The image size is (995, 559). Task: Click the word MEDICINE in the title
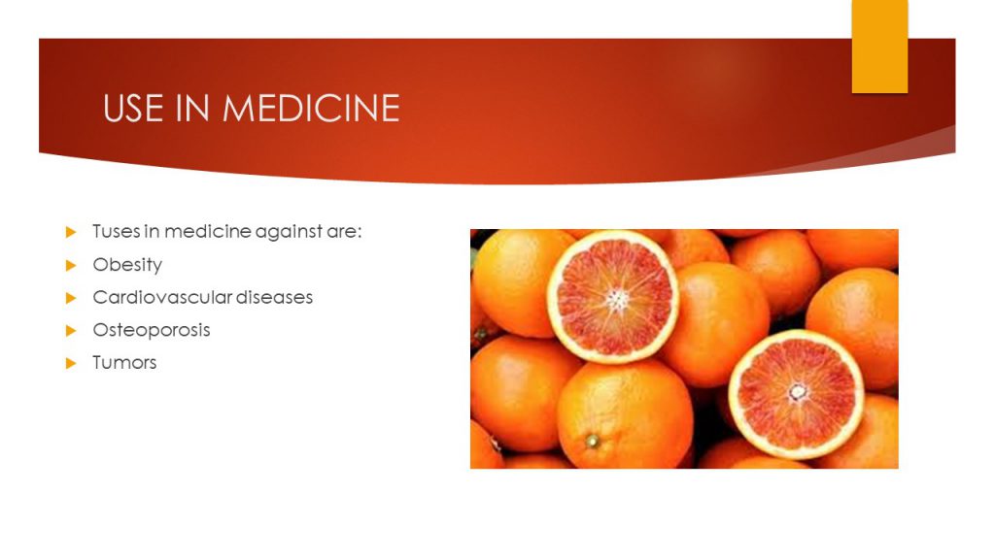pyautogui.click(x=311, y=108)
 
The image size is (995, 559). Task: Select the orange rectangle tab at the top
pyautogui.click(x=879, y=47)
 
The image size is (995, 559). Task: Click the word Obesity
pyautogui.click(x=127, y=265)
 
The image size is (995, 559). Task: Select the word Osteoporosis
pyautogui.click(x=152, y=330)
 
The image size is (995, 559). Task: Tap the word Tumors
pyautogui.click(x=124, y=363)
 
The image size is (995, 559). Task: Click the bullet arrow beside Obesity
pyautogui.click(x=70, y=265)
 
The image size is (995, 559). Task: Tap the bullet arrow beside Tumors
pyautogui.click(x=70, y=363)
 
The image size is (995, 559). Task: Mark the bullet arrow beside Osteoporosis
pyautogui.click(x=70, y=330)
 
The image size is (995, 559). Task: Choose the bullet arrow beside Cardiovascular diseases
pyautogui.click(x=70, y=297)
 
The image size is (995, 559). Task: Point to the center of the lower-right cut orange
pyautogui.click(x=797, y=392)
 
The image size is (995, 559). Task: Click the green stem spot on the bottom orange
pyautogui.click(x=592, y=441)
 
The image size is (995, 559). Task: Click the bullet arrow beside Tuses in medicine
pyautogui.click(x=70, y=232)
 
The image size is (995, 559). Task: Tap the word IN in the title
pyautogui.click(x=193, y=108)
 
